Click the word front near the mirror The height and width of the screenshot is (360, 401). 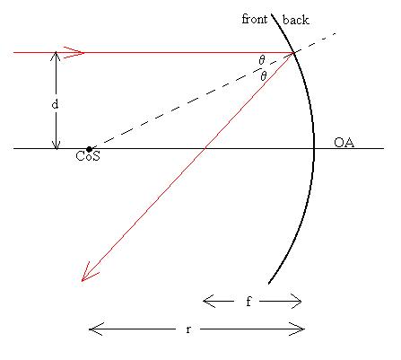pyautogui.click(x=255, y=19)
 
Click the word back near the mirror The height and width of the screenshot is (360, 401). pyautogui.click(x=295, y=20)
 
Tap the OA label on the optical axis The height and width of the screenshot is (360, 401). pyautogui.click(x=344, y=143)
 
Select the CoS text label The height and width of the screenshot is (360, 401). pyautogui.click(x=88, y=156)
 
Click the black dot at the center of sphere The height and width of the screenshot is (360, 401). pyautogui.click(x=89, y=149)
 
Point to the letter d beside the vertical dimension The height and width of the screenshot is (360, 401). pyautogui.click(x=55, y=104)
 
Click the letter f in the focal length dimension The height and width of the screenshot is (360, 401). pyautogui.click(x=248, y=301)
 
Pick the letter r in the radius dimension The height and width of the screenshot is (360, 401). pyautogui.click(x=188, y=329)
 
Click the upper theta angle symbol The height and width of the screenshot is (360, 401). pyautogui.click(x=262, y=60)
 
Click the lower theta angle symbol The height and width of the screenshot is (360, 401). pyautogui.click(x=264, y=76)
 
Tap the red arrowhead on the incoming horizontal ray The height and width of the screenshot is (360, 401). pyautogui.click(x=74, y=53)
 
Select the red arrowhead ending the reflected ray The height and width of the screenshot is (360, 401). pyautogui.click(x=88, y=273)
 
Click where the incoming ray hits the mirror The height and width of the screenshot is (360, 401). pyautogui.click(x=293, y=53)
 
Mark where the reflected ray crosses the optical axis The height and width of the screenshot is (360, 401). pyautogui.click(x=205, y=148)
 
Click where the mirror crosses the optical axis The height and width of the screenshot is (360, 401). pyautogui.click(x=314, y=148)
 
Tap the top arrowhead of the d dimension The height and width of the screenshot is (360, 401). pyautogui.click(x=56, y=57)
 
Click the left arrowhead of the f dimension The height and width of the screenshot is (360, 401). pyautogui.click(x=209, y=301)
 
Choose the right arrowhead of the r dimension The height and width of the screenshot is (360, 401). pyautogui.click(x=297, y=329)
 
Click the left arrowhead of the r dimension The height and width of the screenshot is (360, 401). pyautogui.click(x=96, y=329)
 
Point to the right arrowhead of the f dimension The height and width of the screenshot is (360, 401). pyautogui.click(x=296, y=301)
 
